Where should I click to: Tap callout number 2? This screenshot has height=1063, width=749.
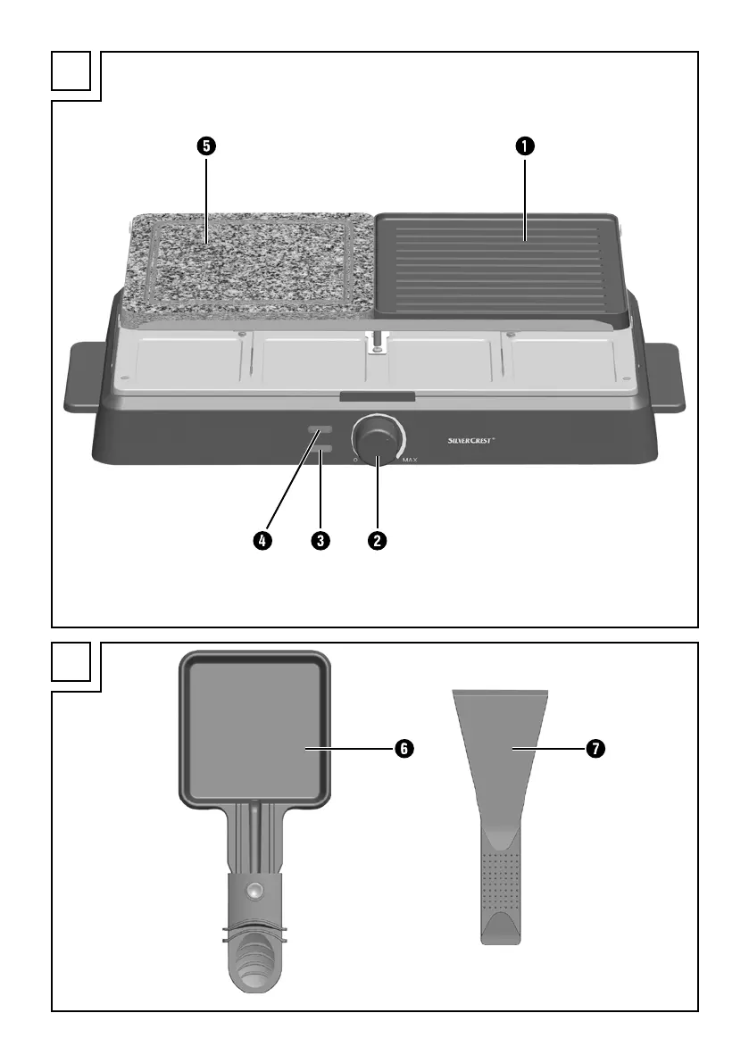point(379,540)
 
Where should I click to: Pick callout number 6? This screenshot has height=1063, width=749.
point(404,749)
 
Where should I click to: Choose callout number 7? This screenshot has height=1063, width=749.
point(594,749)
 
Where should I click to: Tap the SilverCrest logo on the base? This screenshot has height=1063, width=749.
point(478,440)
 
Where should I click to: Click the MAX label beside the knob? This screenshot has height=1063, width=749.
point(411,461)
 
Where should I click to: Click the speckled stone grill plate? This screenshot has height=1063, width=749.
point(250,268)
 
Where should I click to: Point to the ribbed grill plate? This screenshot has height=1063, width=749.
point(500,268)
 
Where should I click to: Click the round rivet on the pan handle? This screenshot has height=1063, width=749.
point(257,889)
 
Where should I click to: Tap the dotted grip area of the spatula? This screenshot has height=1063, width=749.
point(501,887)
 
